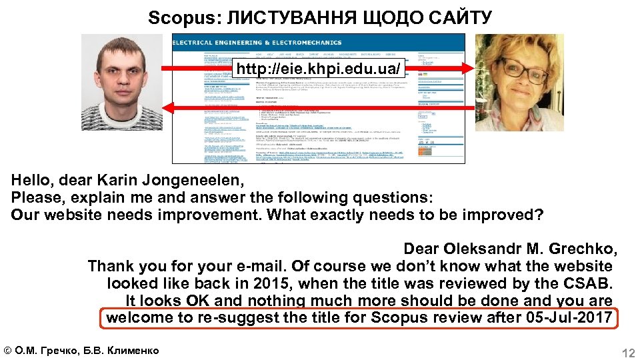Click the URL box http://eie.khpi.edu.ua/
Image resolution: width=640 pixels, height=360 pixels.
click(319, 69)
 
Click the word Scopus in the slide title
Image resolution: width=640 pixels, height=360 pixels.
click(173, 17)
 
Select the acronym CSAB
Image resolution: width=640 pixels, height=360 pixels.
click(587, 283)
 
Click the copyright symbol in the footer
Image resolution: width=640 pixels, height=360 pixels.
click(8, 351)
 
